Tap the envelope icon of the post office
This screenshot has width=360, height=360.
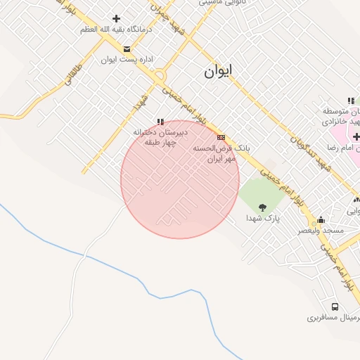coord(127,49)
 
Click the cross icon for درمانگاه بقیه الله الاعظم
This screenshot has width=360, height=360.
coord(116,18)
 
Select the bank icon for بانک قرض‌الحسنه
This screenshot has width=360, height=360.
coord(221,137)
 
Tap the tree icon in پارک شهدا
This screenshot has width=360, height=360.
coord(263,207)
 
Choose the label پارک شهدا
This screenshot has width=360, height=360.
coord(262,219)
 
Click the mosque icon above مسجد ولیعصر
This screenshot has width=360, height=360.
coord(321,219)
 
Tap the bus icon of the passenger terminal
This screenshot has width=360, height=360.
coord(334,307)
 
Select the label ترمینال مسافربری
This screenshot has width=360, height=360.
coord(333,318)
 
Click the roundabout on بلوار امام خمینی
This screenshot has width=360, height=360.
coord(160,75)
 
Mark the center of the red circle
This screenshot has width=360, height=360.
coord(180,179)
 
